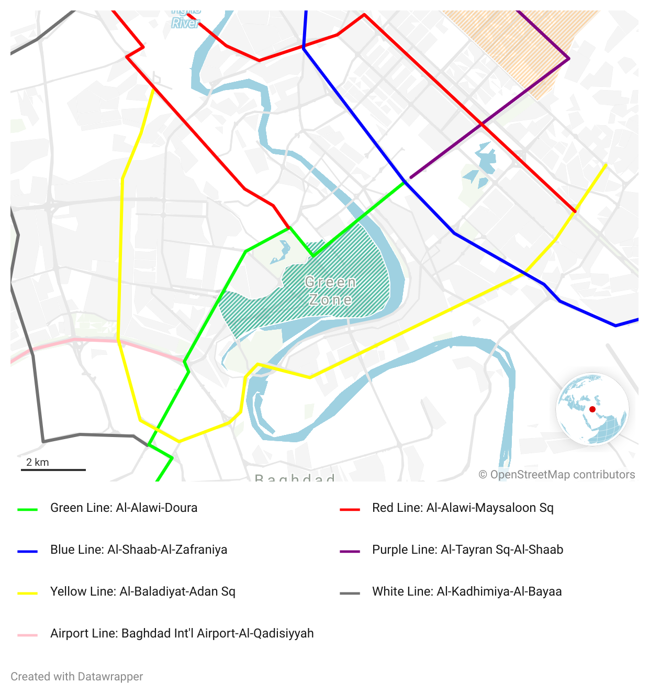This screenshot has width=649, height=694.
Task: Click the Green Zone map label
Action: (x=330, y=291)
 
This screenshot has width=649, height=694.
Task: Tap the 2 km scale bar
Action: (x=53, y=469)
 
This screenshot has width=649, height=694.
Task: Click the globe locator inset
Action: (x=592, y=409)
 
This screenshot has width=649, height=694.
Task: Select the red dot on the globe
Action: (x=592, y=409)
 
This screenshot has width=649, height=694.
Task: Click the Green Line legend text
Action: (x=124, y=508)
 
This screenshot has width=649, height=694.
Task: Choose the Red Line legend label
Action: (x=463, y=508)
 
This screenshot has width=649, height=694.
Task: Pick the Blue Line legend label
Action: (x=139, y=550)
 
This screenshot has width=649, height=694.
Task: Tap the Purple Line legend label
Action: (x=467, y=550)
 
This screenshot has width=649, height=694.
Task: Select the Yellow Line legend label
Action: (x=142, y=591)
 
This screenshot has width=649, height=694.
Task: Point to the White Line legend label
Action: (x=467, y=591)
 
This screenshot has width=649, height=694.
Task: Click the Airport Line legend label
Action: (x=182, y=633)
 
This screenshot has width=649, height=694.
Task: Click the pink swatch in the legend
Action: (x=28, y=635)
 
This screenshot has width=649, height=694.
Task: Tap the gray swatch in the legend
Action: (x=350, y=593)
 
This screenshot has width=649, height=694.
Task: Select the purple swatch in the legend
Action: (x=350, y=551)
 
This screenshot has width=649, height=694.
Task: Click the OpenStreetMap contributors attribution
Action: (x=557, y=475)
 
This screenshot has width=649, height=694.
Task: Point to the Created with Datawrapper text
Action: (x=77, y=676)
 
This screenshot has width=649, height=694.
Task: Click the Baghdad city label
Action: (x=295, y=477)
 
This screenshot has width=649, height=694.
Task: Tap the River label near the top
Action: (x=186, y=23)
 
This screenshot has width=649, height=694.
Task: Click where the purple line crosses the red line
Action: (x=482, y=124)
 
